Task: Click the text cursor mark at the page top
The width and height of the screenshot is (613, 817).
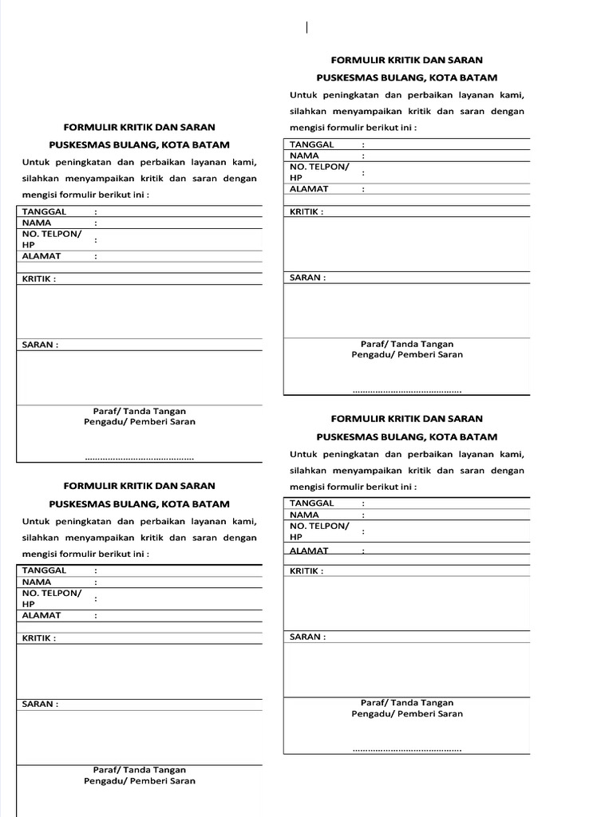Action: click(306, 28)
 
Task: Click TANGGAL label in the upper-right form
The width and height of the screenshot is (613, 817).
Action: click(312, 144)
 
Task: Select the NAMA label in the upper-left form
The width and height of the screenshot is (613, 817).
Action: click(37, 223)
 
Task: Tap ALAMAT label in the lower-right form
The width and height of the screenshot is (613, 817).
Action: click(309, 551)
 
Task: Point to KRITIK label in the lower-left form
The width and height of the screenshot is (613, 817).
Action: click(38, 638)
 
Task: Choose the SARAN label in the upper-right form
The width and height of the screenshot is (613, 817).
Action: click(307, 278)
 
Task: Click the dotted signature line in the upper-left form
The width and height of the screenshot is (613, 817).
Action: click(140, 458)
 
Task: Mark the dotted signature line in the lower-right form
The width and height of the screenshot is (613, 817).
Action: click(407, 749)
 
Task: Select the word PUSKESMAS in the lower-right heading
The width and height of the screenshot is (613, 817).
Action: click(347, 437)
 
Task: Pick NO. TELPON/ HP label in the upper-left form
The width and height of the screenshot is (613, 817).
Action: click(51, 239)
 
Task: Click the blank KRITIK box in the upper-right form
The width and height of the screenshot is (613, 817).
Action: click(406, 244)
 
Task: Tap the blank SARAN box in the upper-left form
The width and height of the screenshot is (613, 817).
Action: click(140, 377)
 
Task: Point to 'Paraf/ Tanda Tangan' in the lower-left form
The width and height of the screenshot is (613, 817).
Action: click(140, 770)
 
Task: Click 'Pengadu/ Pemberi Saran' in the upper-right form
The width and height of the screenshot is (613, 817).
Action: click(407, 354)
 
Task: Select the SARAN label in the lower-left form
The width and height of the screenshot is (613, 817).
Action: click(40, 705)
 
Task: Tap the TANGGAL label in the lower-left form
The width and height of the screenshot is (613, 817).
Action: click(44, 570)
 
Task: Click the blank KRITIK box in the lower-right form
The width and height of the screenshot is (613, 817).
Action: click(406, 602)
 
